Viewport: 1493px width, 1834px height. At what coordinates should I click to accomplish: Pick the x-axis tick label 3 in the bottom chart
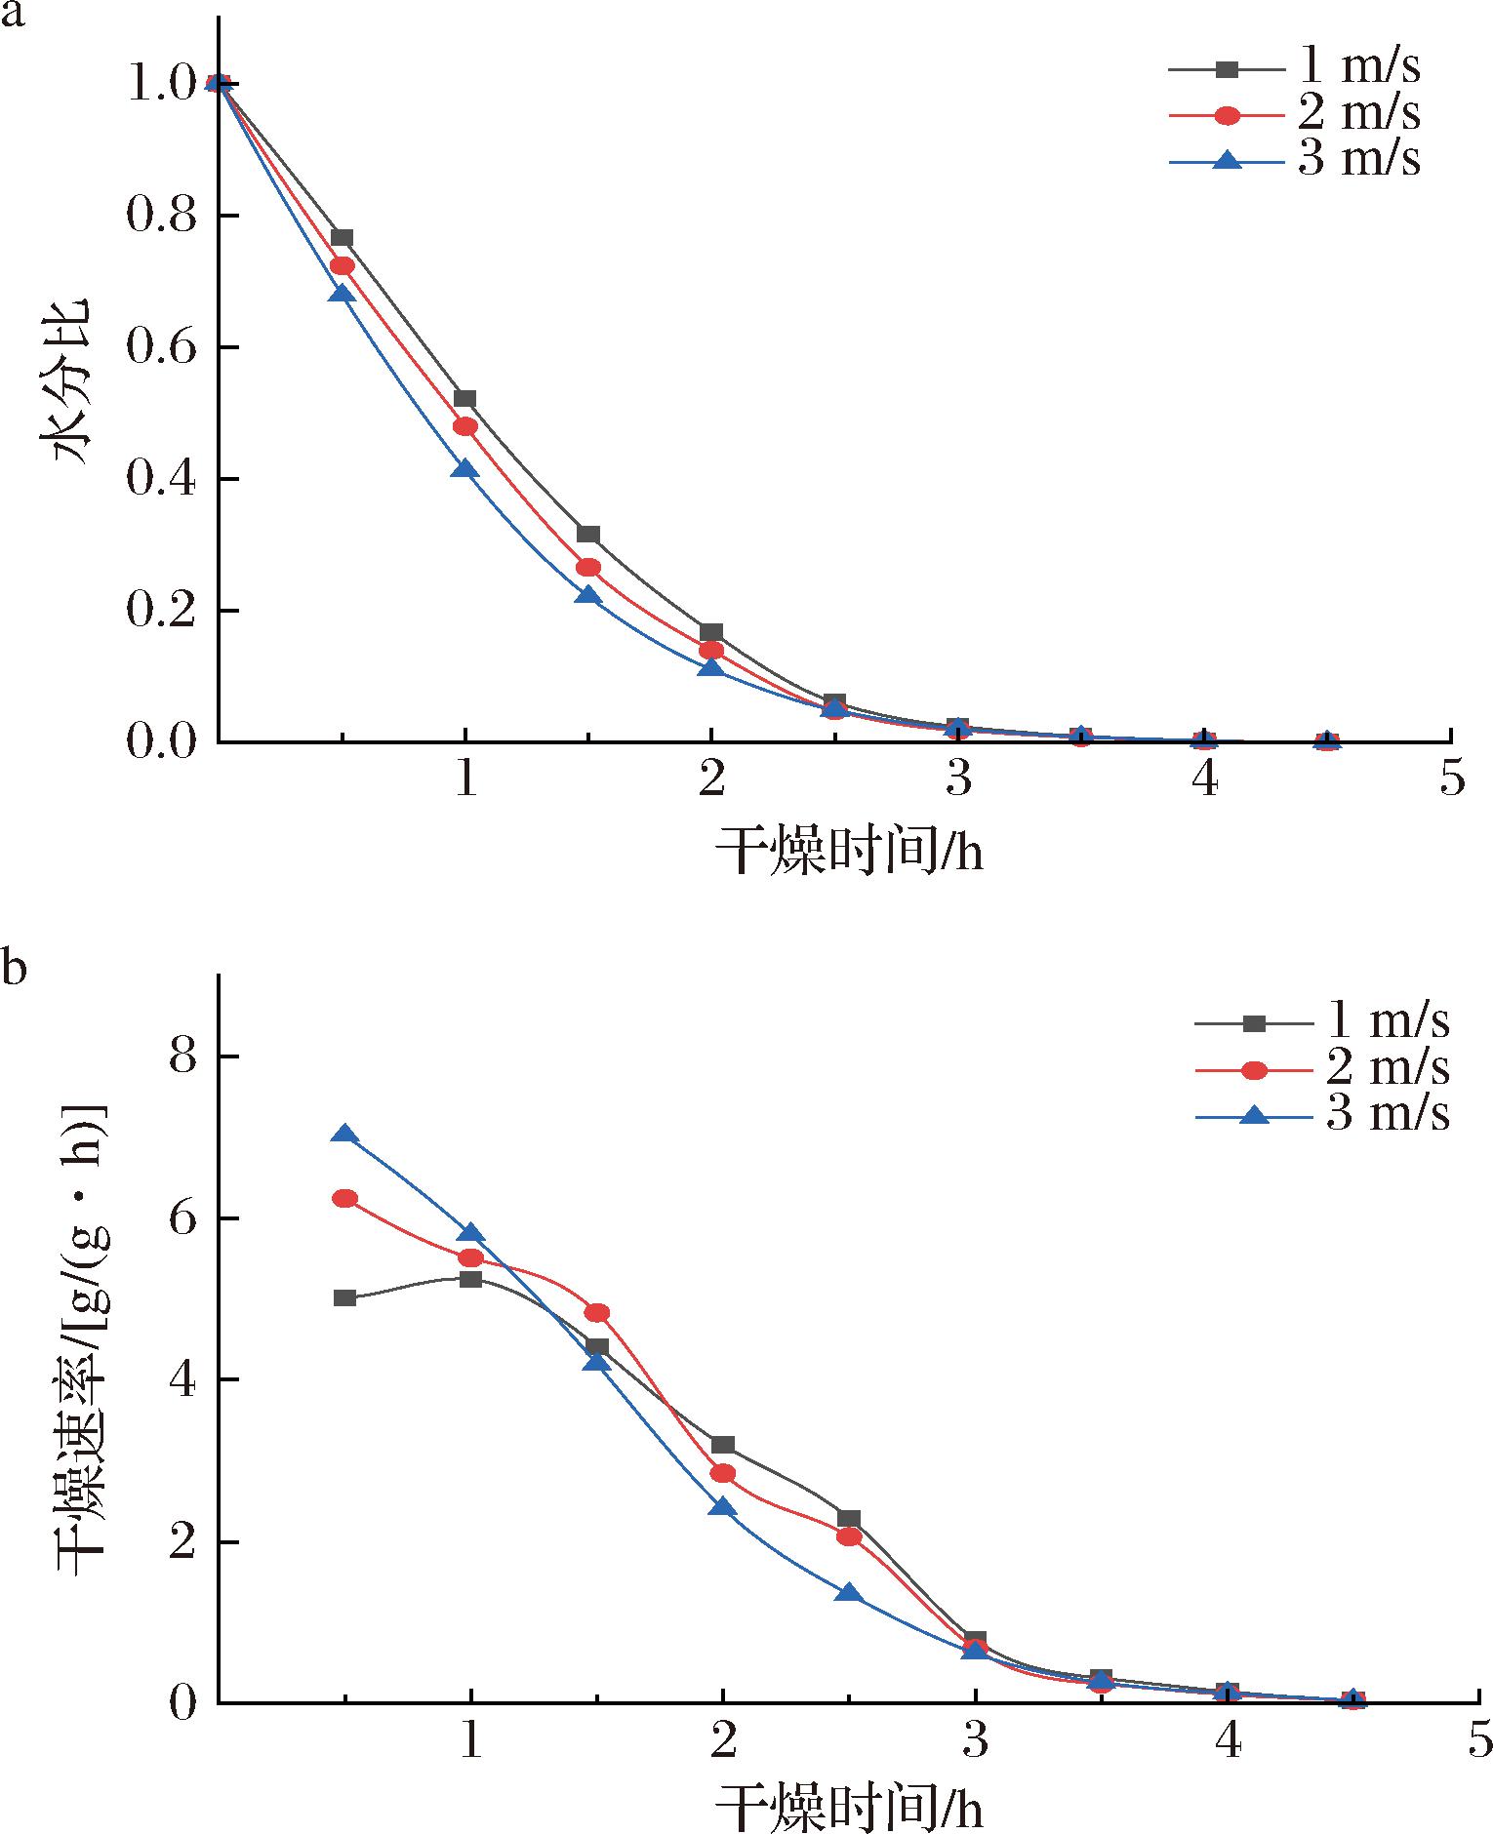tap(975, 1739)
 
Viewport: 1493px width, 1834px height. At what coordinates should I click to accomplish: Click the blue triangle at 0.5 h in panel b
tap(344, 1135)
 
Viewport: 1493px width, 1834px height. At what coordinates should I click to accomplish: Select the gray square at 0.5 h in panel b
tap(344, 1298)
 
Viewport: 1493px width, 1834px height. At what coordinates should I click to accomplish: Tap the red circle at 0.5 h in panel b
tap(344, 1199)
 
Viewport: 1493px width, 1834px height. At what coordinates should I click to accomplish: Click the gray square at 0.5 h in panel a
tap(342, 238)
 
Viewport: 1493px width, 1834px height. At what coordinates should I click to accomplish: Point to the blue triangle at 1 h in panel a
tap(465, 470)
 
